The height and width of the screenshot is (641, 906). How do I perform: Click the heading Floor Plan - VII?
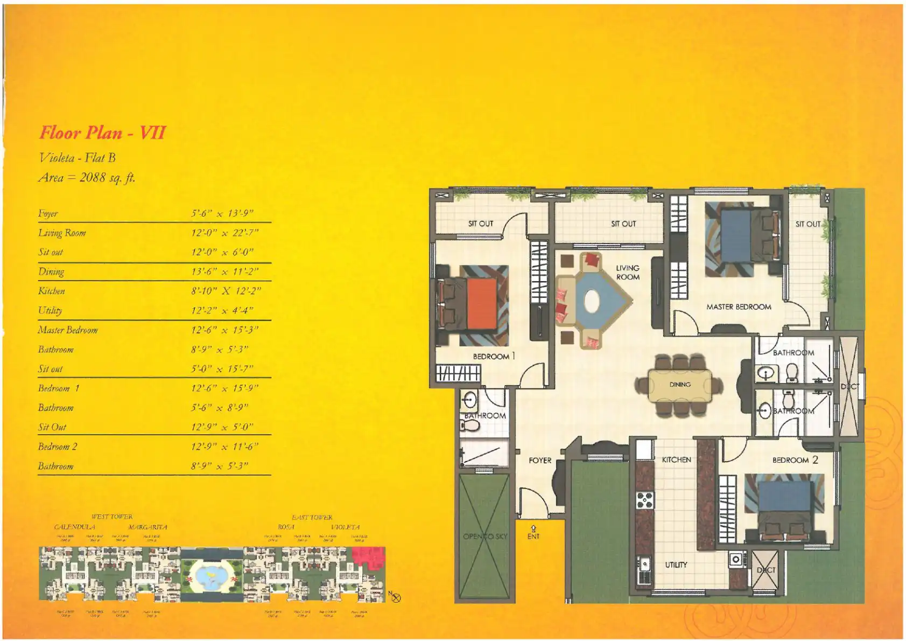pos(103,133)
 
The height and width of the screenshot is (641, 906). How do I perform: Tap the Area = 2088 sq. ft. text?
pos(87,178)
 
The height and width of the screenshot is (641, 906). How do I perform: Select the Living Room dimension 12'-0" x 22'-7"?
pos(224,233)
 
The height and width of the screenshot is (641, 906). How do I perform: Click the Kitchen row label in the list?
pos(52,291)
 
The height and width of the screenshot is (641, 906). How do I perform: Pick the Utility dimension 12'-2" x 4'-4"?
pos(222,310)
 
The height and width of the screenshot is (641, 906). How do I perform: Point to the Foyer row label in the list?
pos(48,213)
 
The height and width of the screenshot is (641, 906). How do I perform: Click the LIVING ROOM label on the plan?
pos(628,273)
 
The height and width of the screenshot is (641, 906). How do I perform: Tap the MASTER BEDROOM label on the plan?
pos(739,306)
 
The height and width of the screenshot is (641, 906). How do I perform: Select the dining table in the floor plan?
pos(680,385)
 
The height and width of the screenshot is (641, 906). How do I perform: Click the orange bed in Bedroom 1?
pos(482,303)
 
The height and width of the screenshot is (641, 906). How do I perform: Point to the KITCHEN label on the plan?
pos(676,459)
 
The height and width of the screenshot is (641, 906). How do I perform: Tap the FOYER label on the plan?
pos(540,461)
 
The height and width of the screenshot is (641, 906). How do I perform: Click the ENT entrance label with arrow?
pos(533,533)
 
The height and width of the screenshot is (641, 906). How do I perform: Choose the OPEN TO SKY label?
pos(485,536)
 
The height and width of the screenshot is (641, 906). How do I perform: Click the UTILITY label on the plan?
pos(676,565)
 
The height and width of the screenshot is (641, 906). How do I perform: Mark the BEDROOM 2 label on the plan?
pos(795,460)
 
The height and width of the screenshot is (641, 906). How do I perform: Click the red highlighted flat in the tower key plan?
pos(368,557)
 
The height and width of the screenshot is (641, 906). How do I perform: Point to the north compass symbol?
pos(396,597)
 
